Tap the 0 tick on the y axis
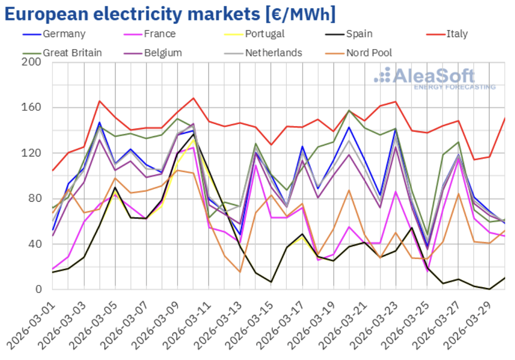click(x=40, y=289)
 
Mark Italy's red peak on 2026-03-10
click(x=193, y=98)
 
